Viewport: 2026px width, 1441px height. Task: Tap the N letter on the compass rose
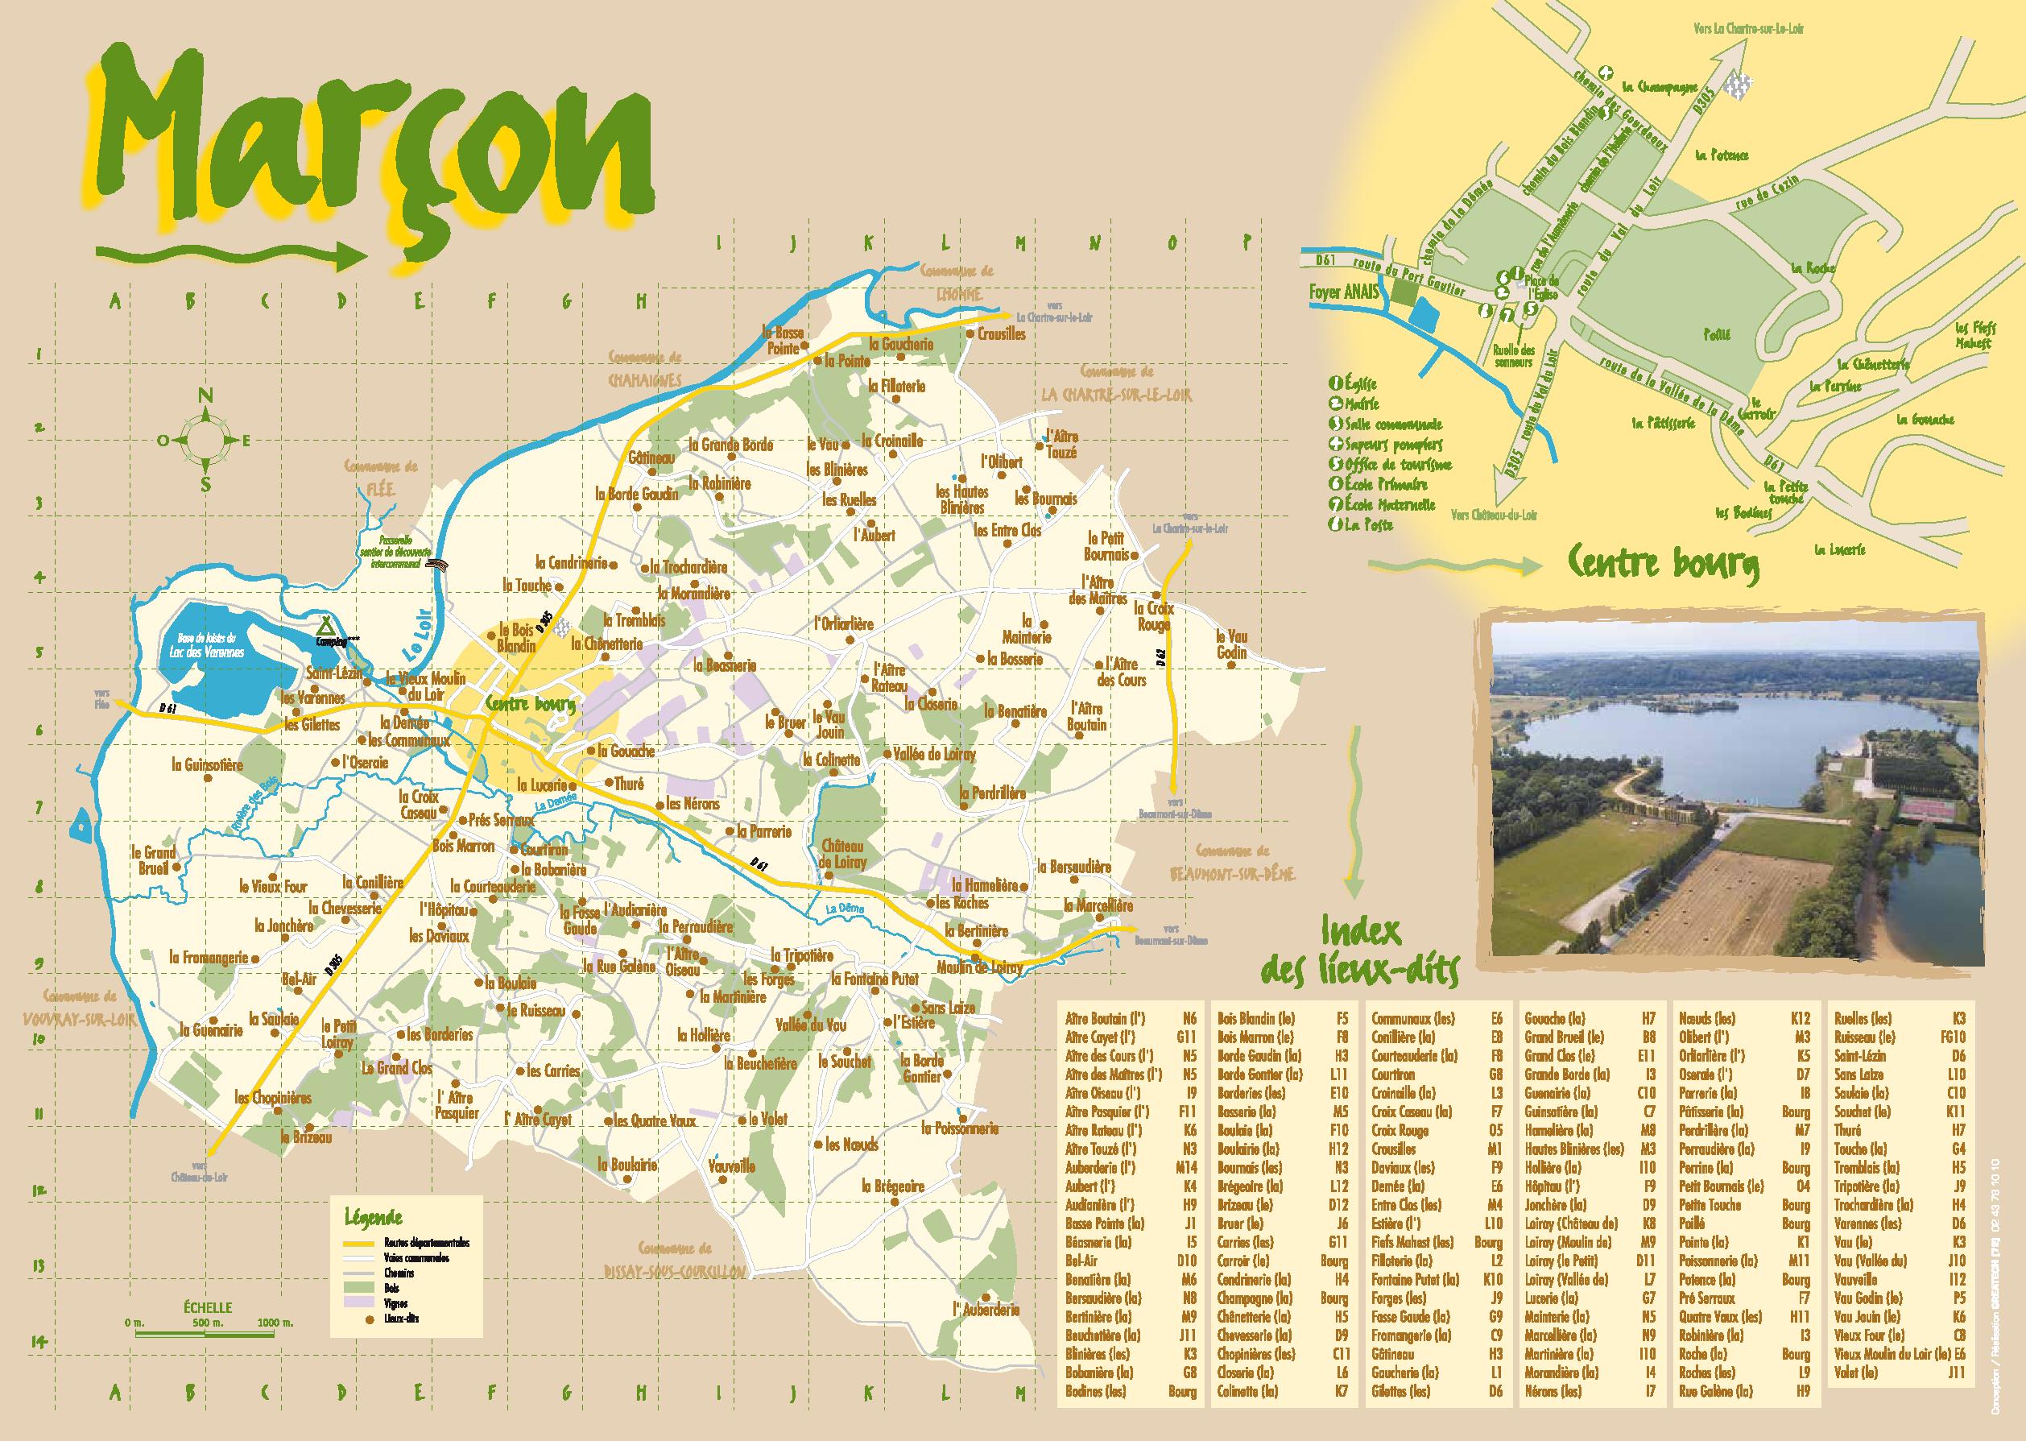click(x=205, y=395)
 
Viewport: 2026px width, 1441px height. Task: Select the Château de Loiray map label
click(x=842, y=854)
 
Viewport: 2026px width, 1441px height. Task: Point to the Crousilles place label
click(x=1002, y=334)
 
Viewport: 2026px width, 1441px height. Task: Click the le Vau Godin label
click(x=1231, y=644)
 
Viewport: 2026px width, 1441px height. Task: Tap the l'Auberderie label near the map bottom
click(x=986, y=1310)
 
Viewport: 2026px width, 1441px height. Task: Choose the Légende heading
click(x=373, y=1217)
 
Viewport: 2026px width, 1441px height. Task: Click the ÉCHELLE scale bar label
click(x=208, y=1307)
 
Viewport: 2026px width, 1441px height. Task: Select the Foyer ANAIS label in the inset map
click(x=1342, y=289)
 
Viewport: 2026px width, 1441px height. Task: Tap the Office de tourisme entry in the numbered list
click(x=1397, y=464)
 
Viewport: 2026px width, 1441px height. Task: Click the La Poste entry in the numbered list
click(x=1369, y=524)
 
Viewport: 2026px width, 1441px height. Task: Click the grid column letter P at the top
click(x=1247, y=242)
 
